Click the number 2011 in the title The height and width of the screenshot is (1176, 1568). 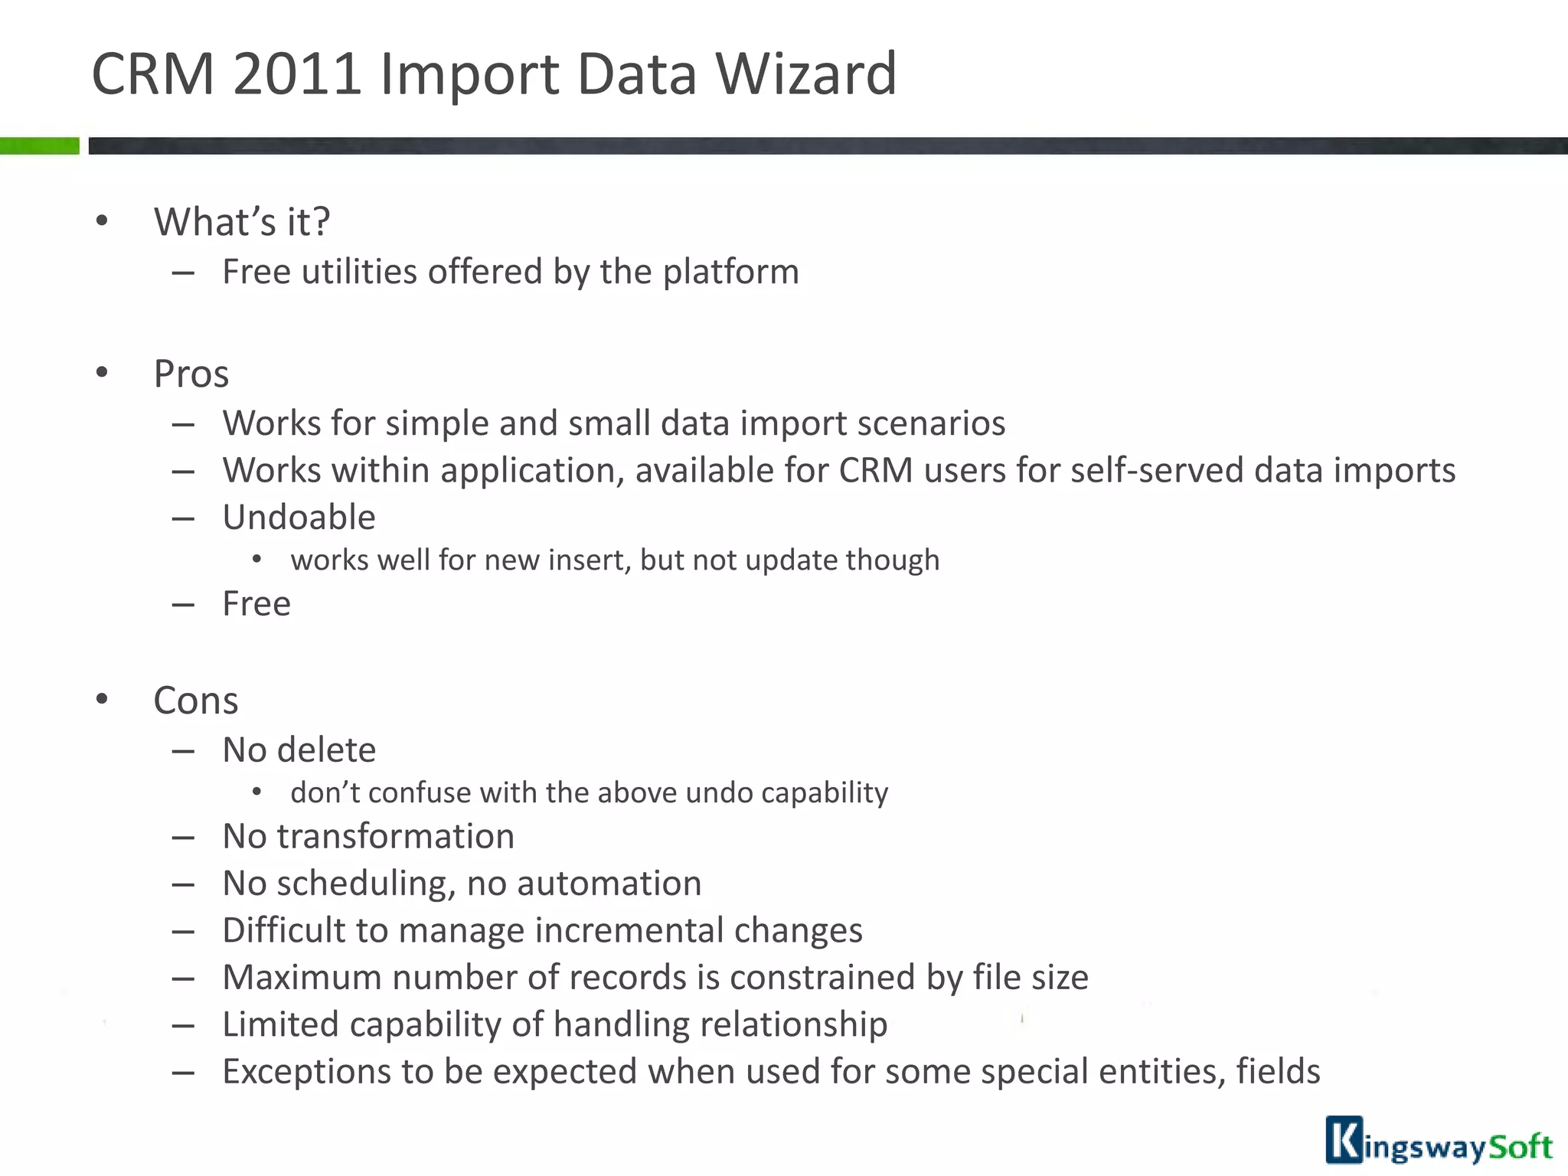(x=296, y=74)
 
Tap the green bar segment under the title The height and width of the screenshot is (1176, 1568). (x=39, y=145)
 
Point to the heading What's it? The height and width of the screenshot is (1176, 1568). (x=242, y=222)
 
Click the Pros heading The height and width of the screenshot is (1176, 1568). (x=191, y=374)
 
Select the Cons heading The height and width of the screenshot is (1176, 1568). (x=196, y=701)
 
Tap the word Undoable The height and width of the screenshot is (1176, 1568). (x=299, y=518)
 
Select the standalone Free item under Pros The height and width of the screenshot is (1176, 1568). (x=256, y=604)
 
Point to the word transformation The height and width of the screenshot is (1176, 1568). (x=395, y=836)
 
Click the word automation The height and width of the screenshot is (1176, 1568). (x=609, y=884)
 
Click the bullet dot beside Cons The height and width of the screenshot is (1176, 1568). (x=102, y=699)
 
